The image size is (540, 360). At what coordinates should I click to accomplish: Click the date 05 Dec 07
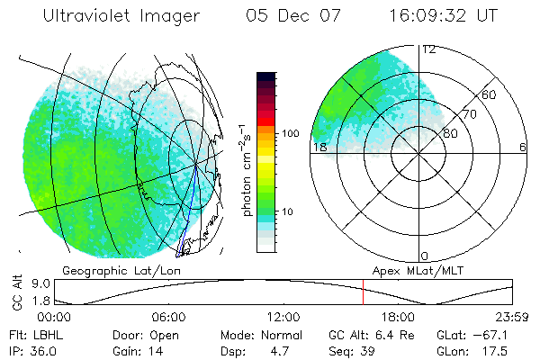coord(292,17)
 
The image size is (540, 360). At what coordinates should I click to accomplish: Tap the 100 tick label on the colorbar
coord(290,133)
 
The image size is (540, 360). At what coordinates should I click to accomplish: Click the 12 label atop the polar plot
coord(428,49)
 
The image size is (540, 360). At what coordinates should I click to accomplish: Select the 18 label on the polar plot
coord(319,147)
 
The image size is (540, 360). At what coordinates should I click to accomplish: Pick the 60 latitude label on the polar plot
coord(490,94)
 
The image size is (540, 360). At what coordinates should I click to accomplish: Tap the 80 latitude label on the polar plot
coord(450,133)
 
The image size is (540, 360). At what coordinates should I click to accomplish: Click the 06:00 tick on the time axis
coord(168,317)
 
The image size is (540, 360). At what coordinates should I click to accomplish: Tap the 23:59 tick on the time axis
coord(511,317)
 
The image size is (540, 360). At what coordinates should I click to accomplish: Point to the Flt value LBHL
coord(44,334)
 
